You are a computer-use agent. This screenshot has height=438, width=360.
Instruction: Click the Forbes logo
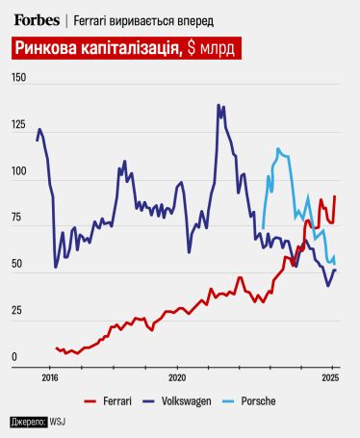pyautogui.click(x=37, y=19)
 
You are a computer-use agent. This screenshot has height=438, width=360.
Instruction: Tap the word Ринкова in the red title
pyautogui.click(x=46, y=50)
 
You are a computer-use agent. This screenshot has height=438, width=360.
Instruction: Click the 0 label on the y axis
pyautogui.click(x=14, y=357)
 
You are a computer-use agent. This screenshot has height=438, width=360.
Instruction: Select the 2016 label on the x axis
pyautogui.click(x=50, y=378)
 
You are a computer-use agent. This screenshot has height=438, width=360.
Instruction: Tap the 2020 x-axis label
pyautogui.click(x=175, y=378)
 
